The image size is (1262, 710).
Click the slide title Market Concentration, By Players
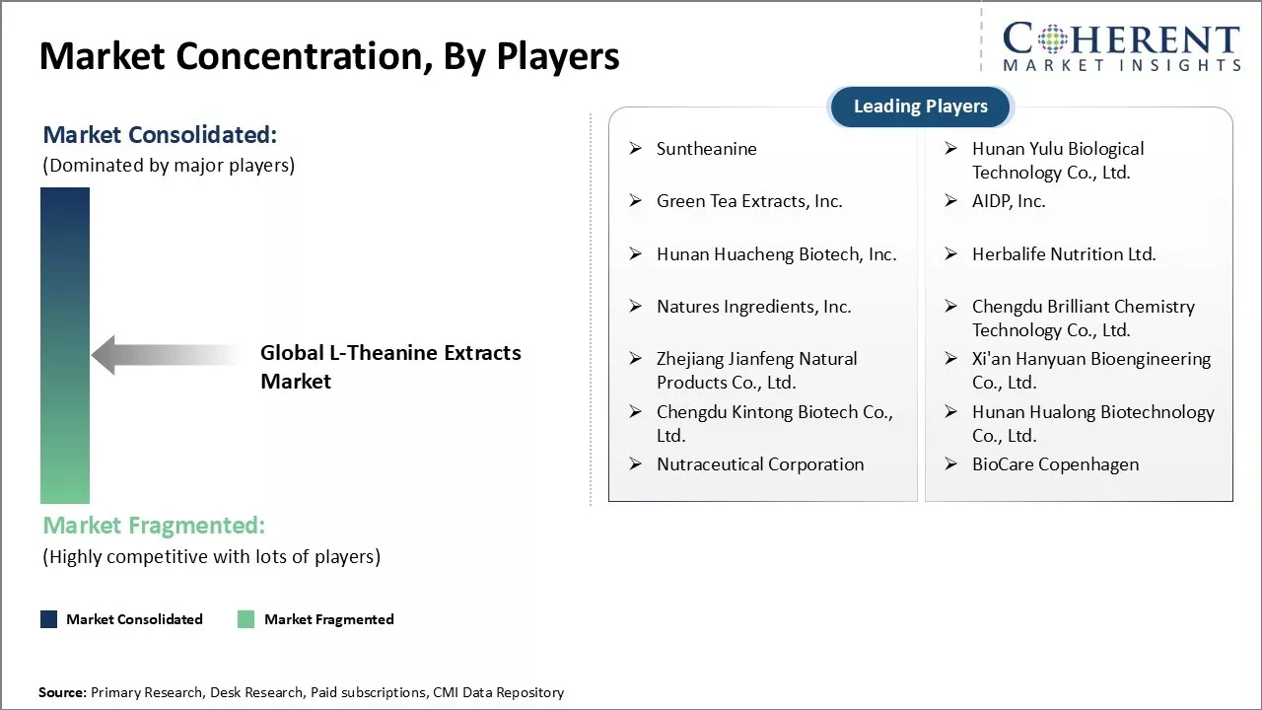(x=329, y=56)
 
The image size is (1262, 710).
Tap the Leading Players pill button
(x=920, y=106)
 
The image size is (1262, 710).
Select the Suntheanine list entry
(x=706, y=149)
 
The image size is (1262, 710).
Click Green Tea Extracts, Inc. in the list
(x=749, y=201)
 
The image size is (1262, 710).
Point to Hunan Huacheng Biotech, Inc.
(x=776, y=254)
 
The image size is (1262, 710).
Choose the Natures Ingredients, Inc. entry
(x=753, y=307)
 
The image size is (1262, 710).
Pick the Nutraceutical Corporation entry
(x=760, y=464)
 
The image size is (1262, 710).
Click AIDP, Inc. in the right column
(x=1008, y=201)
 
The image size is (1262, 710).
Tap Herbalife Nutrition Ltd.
(x=1063, y=254)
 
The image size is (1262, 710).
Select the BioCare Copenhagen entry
(x=1055, y=464)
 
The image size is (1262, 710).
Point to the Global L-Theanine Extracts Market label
(x=390, y=367)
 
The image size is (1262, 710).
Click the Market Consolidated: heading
(x=160, y=135)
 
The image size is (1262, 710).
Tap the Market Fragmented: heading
(x=154, y=526)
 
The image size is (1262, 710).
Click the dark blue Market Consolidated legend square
(x=48, y=619)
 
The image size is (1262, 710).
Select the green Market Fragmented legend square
(x=246, y=619)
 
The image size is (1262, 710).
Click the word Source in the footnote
(x=62, y=693)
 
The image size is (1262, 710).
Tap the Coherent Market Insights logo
(x=1120, y=46)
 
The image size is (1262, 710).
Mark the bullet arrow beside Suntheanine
(x=636, y=149)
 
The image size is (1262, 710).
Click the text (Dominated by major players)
(x=169, y=165)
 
